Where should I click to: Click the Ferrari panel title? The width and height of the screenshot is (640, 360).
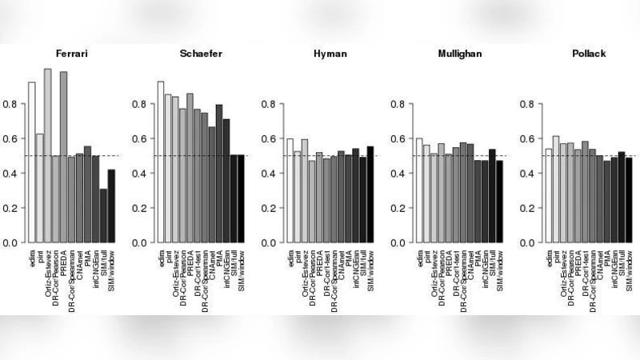[72, 53]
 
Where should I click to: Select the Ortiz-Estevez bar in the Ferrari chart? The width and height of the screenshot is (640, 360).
[48, 155]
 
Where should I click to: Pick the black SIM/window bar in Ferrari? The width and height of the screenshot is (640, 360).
[112, 206]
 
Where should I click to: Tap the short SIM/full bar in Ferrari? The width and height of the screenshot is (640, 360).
[104, 215]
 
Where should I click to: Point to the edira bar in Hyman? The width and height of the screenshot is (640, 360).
[290, 190]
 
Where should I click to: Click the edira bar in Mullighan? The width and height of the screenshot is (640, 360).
[418, 190]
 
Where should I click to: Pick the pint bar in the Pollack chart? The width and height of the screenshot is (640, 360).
[556, 189]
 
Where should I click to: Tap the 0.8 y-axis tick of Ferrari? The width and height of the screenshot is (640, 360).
[14, 104]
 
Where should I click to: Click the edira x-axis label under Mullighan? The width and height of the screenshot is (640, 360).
[419, 258]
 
